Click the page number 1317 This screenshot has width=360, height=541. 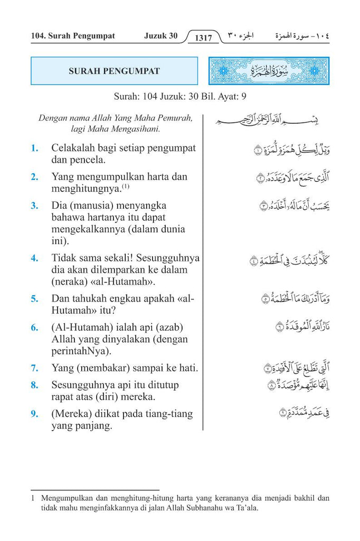(203, 38)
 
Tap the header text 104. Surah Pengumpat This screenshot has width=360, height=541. (73, 36)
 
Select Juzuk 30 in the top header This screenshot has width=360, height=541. (160, 36)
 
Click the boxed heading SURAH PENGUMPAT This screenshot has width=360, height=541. (114, 71)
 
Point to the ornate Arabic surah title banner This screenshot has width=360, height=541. (268, 71)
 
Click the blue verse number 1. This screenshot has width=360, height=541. (34, 148)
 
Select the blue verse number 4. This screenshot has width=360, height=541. (34, 258)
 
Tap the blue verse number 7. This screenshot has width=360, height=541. (34, 367)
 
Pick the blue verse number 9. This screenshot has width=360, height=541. (34, 414)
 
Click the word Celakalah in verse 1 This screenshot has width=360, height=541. (75, 148)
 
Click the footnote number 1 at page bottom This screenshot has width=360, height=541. (33, 498)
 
